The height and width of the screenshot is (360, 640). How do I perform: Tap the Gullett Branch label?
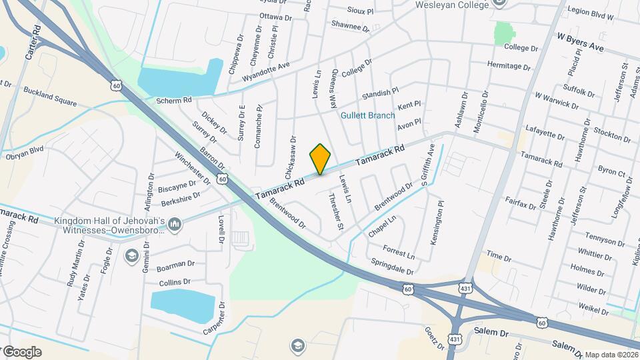point(368,115)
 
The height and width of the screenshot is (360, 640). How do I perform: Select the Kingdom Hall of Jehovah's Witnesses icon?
point(175,224)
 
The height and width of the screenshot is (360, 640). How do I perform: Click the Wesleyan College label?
point(462,5)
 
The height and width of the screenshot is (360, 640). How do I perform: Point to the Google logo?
point(21,352)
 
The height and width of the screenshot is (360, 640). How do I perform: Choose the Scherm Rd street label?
point(173,100)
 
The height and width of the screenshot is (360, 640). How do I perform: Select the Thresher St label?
point(336,212)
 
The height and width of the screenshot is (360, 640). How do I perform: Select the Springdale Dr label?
point(393,266)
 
